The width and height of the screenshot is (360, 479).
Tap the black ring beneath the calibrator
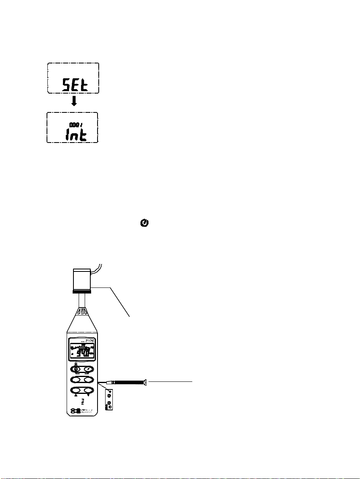pos(81,292)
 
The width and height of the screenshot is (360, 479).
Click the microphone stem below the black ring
pos(81,300)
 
